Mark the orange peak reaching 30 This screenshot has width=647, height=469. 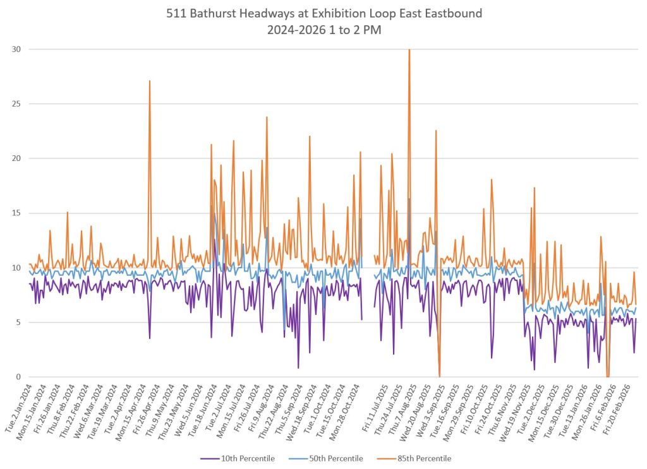tap(409, 50)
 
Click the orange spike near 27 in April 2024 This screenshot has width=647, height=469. tap(150, 81)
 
